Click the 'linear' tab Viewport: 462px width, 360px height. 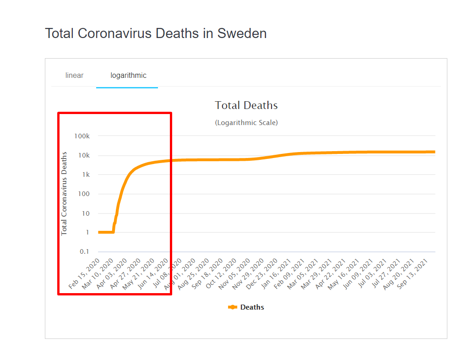74,76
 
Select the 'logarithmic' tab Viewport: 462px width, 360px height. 128,76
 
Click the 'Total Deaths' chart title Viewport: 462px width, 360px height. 246,105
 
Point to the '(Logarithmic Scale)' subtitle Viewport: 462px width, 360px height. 246,123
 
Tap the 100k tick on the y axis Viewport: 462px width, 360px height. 82,136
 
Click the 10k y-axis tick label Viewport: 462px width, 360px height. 83,156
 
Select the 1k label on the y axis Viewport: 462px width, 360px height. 86,175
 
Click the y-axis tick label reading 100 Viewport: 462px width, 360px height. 84,194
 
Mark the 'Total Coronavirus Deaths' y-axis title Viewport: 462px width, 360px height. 64,193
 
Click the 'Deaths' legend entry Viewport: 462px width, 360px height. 252,307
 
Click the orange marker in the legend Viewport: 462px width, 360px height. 233,307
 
